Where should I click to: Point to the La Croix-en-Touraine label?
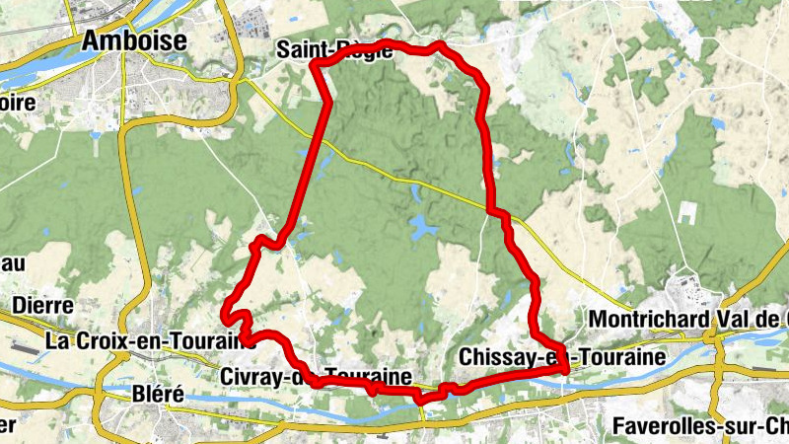click(143, 340)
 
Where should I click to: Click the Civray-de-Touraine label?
click(316, 377)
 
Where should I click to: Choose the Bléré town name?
click(158, 395)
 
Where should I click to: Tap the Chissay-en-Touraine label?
click(561, 356)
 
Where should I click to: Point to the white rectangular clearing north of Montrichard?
click(688, 214)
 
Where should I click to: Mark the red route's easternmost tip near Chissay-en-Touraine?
click(566, 369)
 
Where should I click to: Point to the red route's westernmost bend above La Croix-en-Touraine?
click(226, 315)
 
